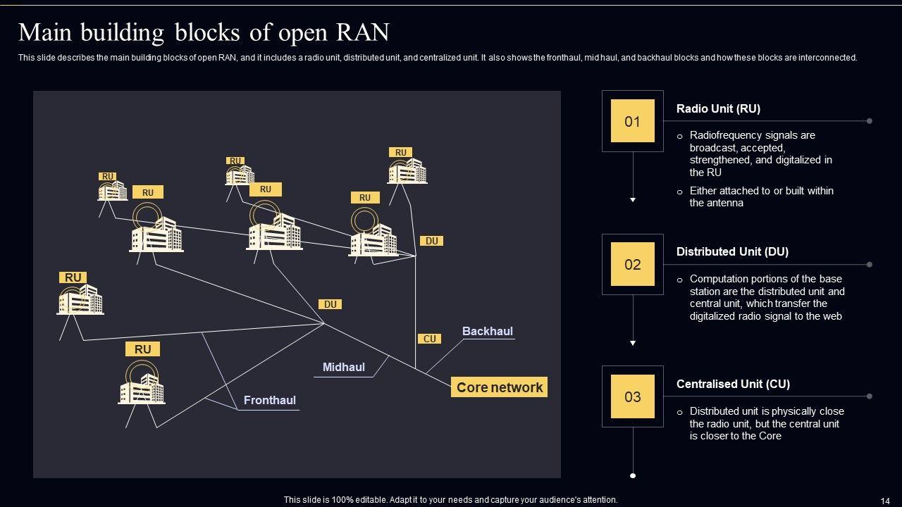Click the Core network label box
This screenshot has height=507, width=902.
pos(499,387)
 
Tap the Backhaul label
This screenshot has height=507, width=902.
pos(487,331)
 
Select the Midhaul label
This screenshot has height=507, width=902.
pos(343,367)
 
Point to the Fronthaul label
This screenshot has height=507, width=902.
pos(269,400)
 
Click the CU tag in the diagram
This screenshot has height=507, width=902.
pos(429,339)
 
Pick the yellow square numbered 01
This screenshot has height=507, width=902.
pos(632,121)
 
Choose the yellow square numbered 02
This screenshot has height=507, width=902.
pos(632,264)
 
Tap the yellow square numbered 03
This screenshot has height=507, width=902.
pos(632,396)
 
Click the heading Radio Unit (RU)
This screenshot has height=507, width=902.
pos(718,108)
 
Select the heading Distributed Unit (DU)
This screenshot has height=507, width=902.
pos(732,251)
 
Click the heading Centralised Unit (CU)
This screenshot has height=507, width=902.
pos(733,384)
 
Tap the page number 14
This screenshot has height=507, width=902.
pos(885,501)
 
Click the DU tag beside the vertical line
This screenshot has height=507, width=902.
pos(432,241)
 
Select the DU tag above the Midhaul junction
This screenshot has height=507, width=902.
pos(330,304)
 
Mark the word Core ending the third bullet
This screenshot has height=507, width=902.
pos(770,436)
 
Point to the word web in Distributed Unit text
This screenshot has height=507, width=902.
pos(832,316)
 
